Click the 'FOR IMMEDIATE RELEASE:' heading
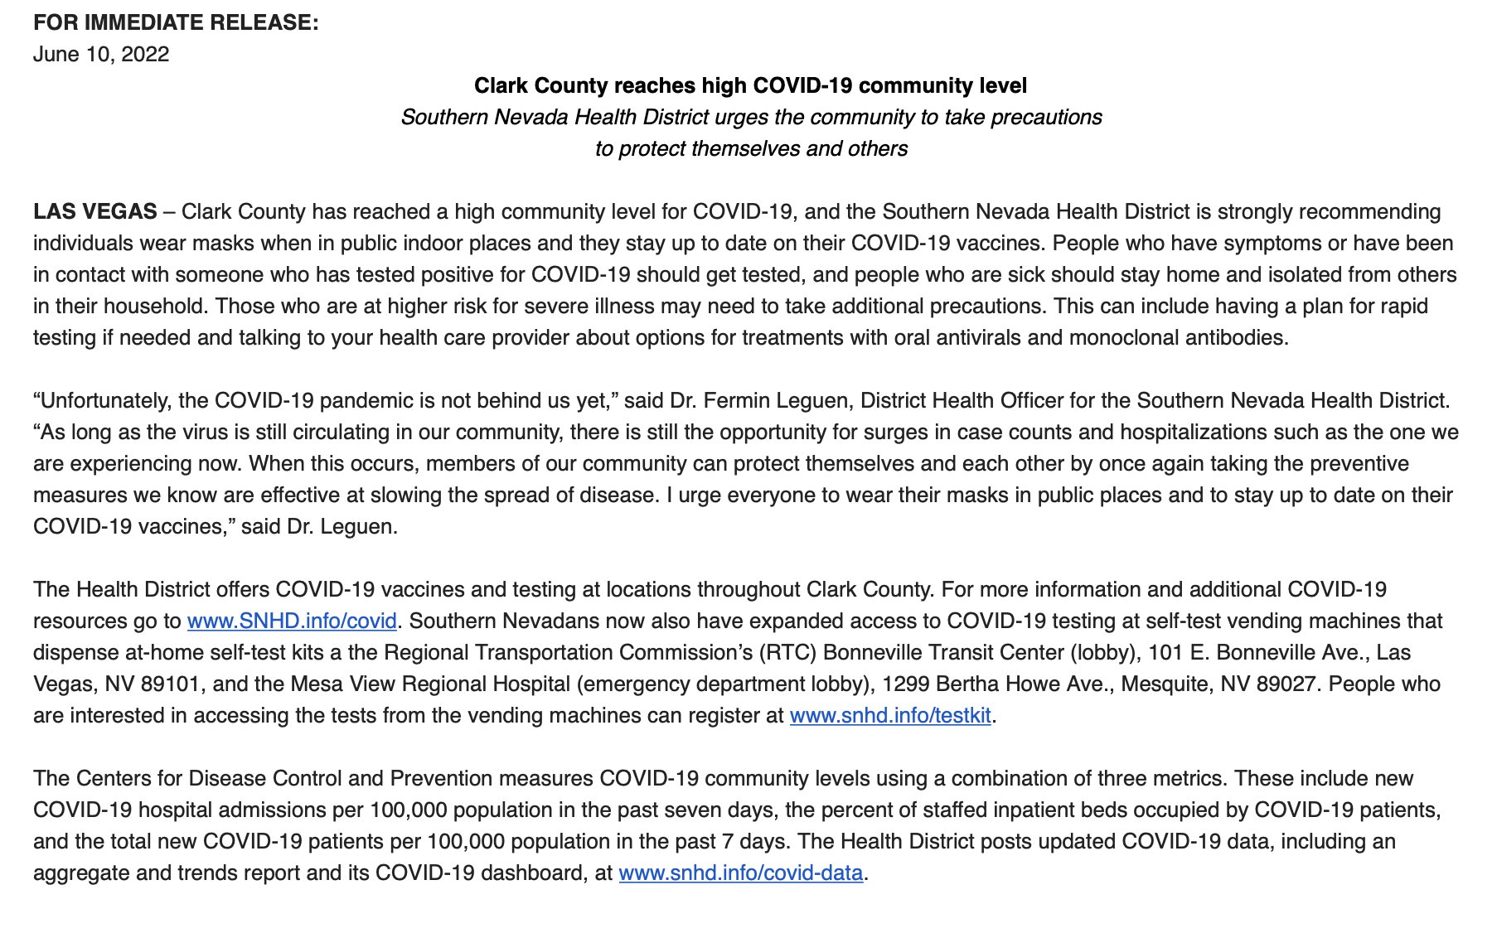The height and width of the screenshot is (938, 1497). click(176, 22)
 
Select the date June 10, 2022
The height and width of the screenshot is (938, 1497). click(101, 54)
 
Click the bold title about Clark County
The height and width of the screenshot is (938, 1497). click(750, 85)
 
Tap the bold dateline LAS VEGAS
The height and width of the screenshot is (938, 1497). click(94, 211)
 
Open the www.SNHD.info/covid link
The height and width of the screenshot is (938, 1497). click(292, 621)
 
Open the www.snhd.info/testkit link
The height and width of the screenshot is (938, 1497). click(890, 715)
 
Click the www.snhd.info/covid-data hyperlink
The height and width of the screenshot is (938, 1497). click(740, 873)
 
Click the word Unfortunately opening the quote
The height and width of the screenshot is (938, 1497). click(109, 400)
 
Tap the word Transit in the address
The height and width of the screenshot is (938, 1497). click(954, 652)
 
